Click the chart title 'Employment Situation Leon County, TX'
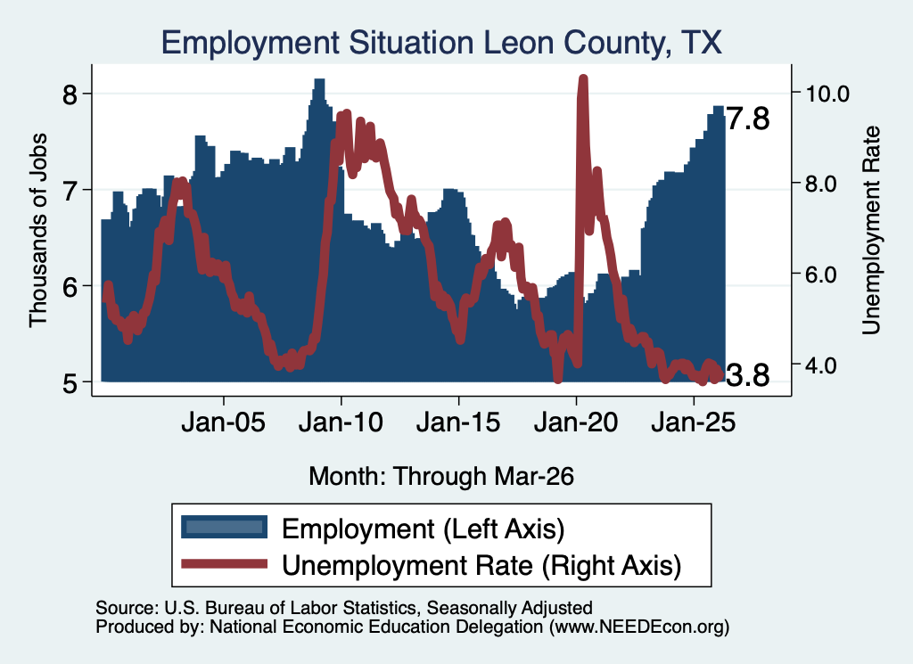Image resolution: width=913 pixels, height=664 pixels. click(441, 43)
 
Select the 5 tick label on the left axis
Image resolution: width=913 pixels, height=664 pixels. click(70, 383)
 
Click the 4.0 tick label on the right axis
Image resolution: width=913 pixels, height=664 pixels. click(820, 365)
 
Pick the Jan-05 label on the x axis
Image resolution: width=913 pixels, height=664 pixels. click(223, 422)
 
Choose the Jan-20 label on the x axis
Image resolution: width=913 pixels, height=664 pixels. click(576, 422)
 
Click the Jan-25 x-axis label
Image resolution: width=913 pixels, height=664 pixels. click(694, 422)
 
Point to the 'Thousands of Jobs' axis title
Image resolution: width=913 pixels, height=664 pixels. click(37, 230)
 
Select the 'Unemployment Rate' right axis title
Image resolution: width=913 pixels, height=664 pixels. click(870, 230)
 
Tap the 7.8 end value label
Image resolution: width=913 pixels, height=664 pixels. click(748, 119)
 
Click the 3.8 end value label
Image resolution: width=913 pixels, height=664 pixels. click(748, 375)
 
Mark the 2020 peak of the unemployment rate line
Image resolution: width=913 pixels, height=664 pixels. click(583, 79)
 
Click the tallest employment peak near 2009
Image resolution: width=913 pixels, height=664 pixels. click(319, 80)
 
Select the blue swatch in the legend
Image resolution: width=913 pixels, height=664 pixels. click(224, 528)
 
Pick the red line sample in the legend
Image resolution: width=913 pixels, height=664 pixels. click(224, 564)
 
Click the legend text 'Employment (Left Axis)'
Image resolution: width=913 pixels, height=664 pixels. click(424, 529)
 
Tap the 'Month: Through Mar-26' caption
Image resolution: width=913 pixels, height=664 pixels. click(441, 476)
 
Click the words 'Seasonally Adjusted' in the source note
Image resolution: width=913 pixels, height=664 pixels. click(509, 608)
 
